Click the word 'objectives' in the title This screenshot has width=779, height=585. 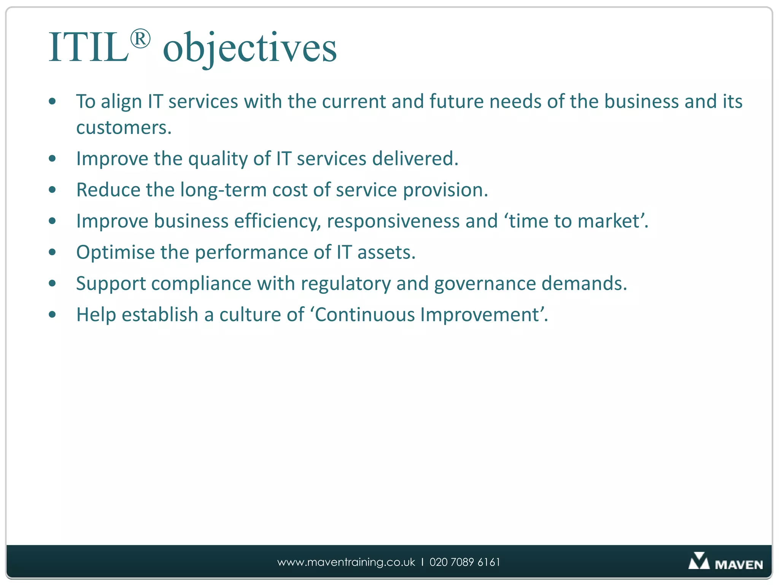(x=250, y=49)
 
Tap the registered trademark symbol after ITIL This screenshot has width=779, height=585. (x=140, y=39)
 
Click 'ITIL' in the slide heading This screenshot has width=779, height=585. (x=88, y=48)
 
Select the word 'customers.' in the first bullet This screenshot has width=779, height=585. (x=124, y=128)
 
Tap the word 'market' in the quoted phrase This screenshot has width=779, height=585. (x=608, y=221)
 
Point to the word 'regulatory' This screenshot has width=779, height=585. (x=345, y=284)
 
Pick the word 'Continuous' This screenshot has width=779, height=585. (x=365, y=315)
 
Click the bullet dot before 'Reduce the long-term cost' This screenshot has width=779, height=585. (x=52, y=190)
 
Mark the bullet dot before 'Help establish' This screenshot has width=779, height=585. (x=52, y=315)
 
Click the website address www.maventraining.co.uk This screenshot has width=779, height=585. (x=346, y=562)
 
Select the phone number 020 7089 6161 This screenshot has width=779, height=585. (x=465, y=562)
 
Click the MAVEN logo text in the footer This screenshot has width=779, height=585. (x=739, y=564)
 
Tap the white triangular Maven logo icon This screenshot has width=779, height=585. (x=699, y=561)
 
